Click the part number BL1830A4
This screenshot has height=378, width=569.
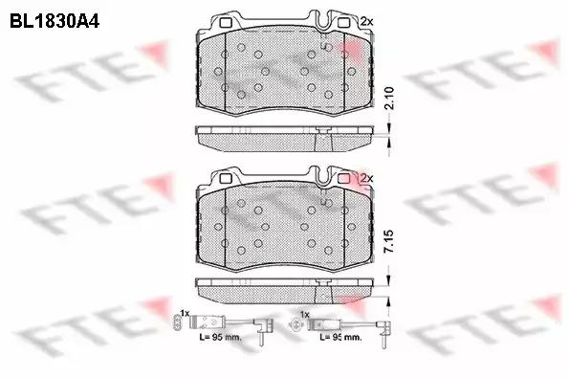pos(55,21)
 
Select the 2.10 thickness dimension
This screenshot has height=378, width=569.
pos(389,98)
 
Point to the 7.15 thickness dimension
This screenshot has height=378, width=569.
pos(389,241)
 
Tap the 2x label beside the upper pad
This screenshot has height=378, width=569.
pos(366,22)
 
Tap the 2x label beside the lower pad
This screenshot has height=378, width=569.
pos(366,178)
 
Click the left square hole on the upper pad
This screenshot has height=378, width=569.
pos(226,23)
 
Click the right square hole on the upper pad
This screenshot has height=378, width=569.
pos(343,23)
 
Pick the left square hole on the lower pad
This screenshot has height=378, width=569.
pos(226,179)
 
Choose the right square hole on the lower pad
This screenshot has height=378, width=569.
pos(343,179)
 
